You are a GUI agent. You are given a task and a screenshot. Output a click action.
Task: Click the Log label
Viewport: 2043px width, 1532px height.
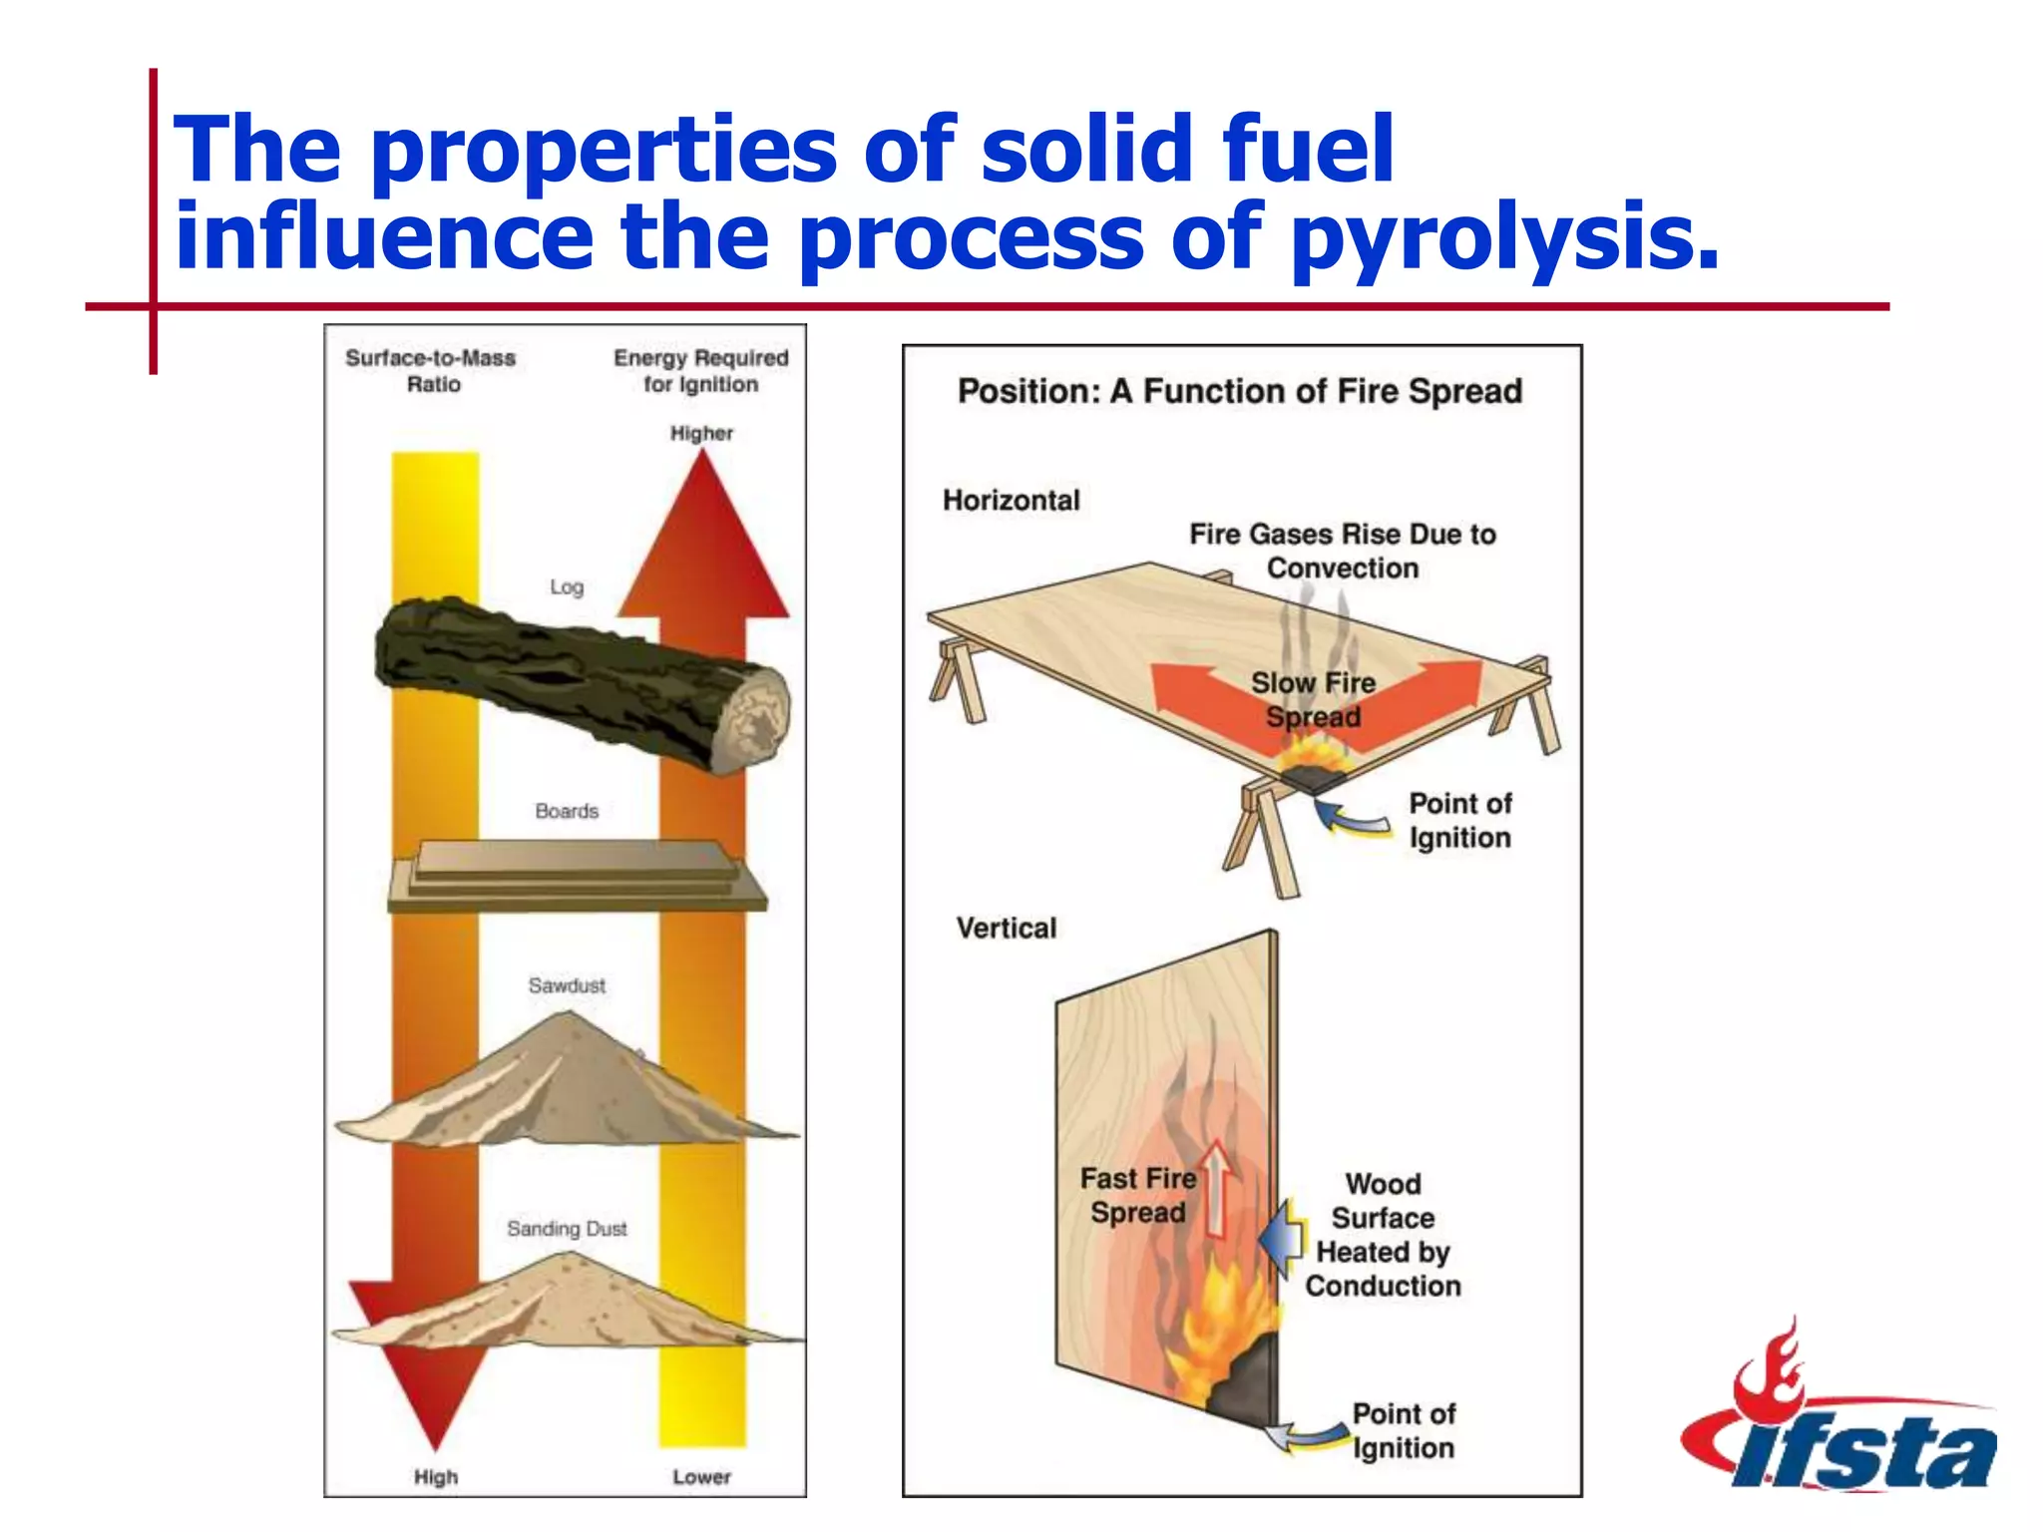pyautogui.click(x=566, y=587)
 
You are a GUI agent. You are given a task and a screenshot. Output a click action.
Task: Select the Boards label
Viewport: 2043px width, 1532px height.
pyautogui.click(x=566, y=811)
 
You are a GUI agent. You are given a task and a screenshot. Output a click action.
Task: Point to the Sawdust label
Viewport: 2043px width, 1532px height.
pyautogui.click(x=566, y=985)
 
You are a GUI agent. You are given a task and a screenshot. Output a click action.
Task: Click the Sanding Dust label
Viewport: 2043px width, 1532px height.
pyautogui.click(x=566, y=1229)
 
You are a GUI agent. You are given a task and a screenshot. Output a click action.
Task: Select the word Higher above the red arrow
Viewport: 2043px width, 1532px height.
pyautogui.click(x=701, y=433)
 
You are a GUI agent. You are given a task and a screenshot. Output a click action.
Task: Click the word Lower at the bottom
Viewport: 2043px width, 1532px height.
pyautogui.click(x=701, y=1477)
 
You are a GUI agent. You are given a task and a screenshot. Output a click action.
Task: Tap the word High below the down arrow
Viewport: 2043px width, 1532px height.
pyautogui.click(x=436, y=1477)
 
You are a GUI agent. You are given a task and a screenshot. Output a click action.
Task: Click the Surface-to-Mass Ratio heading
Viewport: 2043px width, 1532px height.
pyautogui.click(x=431, y=371)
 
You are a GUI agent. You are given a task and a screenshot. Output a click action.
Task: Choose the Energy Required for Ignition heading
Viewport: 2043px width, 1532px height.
pyautogui.click(x=700, y=371)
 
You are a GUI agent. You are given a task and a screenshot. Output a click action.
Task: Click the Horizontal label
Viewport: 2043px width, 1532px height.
pyautogui.click(x=1011, y=500)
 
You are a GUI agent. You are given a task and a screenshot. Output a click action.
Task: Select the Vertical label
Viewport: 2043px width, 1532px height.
pyautogui.click(x=1006, y=928)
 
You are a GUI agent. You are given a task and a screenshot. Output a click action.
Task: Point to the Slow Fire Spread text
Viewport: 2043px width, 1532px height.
pyautogui.click(x=1313, y=699)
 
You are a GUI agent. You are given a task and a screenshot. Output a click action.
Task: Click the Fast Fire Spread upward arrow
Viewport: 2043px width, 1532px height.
pyautogui.click(x=1216, y=1187)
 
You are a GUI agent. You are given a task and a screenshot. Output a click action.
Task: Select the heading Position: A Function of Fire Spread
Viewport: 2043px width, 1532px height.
pyautogui.click(x=1240, y=391)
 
